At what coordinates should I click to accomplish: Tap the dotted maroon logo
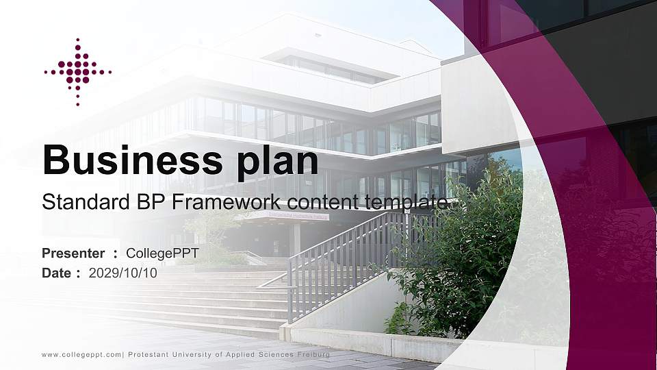(77, 71)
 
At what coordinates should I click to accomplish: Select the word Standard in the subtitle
(77, 203)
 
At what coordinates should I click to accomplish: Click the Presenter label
(73, 254)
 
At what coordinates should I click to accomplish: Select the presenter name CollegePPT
(162, 254)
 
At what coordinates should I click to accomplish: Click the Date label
(56, 273)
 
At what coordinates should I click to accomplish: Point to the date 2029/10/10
(123, 273)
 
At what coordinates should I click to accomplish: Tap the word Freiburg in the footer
(313, 355)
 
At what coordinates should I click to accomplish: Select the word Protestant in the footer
(146, 355)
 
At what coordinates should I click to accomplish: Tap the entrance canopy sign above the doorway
(288, 217)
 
